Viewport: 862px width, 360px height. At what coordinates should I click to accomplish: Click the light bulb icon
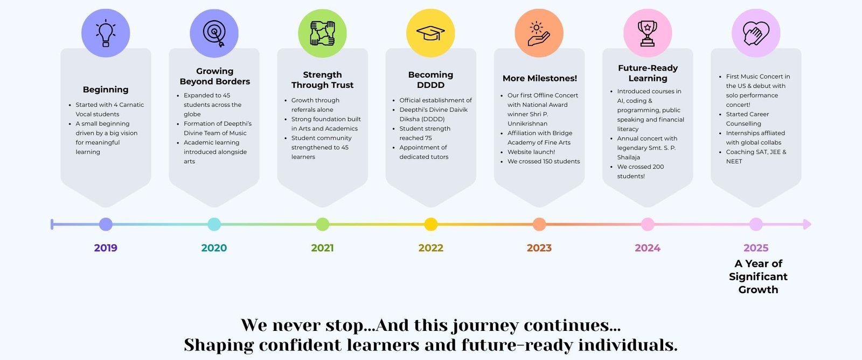tap(106, 33)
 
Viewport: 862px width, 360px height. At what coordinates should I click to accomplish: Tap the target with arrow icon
tap(214, 33)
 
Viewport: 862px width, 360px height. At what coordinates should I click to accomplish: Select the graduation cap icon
tap(430, 33)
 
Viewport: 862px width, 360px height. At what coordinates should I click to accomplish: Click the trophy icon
tap(648, 33)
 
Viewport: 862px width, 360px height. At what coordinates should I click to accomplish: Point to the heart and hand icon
tap(756, 33)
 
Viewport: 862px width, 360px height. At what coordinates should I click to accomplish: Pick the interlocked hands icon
tap(323, 33)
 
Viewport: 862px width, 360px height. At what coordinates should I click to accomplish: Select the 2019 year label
tap(106, 248)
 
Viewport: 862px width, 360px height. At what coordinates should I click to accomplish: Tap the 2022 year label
tap(431, 248)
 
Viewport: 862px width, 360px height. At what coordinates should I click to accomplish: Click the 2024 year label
tap(648, 248)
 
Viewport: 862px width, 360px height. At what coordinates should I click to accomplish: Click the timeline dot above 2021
tap(323, 224)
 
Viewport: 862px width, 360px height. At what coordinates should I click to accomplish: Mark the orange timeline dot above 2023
tap(539, 224)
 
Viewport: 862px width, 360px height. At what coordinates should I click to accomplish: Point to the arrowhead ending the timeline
tap(807, 224)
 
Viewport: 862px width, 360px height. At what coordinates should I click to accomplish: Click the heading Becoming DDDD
tap(430, 80)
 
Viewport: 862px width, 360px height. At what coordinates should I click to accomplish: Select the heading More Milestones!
tap(539, 78)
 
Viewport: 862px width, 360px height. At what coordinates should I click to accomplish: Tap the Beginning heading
tap(106, 89)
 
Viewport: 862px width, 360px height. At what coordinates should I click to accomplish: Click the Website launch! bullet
tap(531, 151)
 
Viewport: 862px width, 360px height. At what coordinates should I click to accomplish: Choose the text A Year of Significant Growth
tap(758, 276)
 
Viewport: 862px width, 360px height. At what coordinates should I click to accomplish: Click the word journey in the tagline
tap(485, 326)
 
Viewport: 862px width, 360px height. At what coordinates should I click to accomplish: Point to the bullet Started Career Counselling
tap(747, 119)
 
